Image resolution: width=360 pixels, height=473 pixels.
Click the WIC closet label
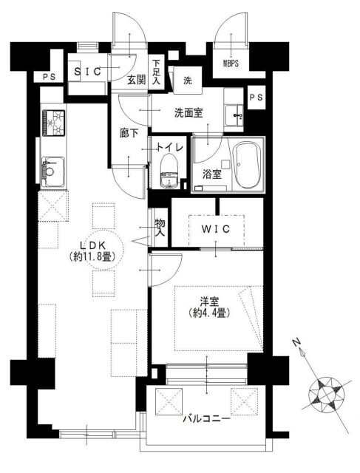point(217,229)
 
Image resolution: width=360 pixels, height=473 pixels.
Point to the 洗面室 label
point(189,112)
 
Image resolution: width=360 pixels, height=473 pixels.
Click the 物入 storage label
point(159,227)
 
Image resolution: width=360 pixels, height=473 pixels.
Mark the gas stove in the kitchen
point(54,122)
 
